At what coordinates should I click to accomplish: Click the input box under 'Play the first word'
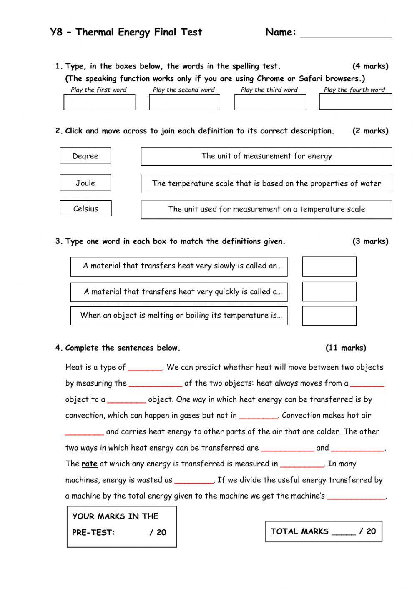(99, 102)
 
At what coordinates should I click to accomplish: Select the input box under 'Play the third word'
(270, 102)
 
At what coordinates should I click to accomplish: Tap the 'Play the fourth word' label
(354, 90)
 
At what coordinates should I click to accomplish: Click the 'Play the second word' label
(183, 90)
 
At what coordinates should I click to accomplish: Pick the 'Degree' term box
(85, 156)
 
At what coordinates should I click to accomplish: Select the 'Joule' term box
(85, 183)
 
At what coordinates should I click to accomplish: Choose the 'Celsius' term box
(85, 208)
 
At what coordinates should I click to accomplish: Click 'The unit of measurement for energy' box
(266, 156)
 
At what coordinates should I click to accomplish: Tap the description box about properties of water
(266, 184)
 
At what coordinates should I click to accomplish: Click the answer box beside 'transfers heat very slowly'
(329, 266)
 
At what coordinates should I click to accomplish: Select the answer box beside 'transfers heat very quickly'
(329, 292)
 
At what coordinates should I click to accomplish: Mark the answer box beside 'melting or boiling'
(329, 316)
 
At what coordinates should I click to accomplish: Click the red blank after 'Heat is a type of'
(145, 368)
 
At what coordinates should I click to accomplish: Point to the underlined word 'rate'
(89, 464)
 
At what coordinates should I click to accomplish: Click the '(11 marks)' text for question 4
(346, 348)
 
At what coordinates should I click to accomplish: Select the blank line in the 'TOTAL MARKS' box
(344, 532)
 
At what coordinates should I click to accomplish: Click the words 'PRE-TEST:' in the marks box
(93, 532)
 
